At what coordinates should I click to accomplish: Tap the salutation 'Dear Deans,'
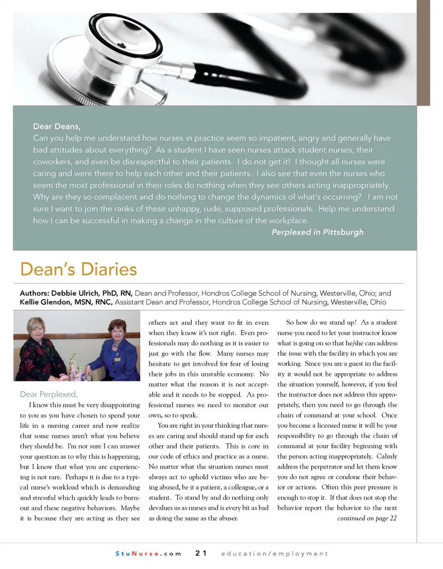[57, 126]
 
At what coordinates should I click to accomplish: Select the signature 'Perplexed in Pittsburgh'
[317, 232]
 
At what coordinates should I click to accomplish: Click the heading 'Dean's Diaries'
[78, 269]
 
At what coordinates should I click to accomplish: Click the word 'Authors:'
[34, 293]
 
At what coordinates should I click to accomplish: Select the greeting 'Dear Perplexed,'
[48, 394]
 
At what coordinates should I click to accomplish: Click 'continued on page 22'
[366, 518]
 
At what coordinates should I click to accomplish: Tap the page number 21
[201, 553]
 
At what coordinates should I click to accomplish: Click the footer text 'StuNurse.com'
[148, 553]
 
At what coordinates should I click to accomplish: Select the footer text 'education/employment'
[275, 553]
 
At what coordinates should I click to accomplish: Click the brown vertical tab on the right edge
[423, 53]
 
